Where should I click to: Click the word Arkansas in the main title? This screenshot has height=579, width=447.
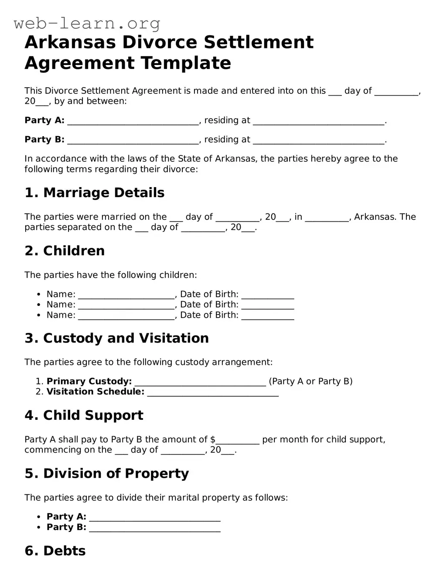point(70,42)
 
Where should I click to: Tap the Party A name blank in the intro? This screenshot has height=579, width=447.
point(133,121)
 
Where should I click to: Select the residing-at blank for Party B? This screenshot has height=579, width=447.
point(318,140)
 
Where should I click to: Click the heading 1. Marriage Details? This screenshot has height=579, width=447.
point(95,192)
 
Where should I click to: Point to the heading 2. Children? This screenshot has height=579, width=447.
point(65,251)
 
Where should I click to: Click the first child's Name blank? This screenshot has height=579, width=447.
point(126,295)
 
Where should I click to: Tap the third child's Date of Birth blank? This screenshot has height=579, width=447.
point(267,316)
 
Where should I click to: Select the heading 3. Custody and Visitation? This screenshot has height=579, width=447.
point(116,338)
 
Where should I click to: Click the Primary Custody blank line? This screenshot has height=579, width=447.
point(200,382)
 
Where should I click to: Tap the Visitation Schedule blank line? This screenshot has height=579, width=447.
point(213,393)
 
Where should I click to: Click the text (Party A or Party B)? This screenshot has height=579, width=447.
point(311,381)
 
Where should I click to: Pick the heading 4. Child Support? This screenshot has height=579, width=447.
point(84,415)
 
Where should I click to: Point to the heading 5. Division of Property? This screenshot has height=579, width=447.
point(107,473)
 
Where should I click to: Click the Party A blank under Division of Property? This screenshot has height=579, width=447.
point(154,517)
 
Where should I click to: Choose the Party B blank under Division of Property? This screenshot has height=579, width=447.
point(154,528)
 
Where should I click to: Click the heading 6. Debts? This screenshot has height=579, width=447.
point(55,551)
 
